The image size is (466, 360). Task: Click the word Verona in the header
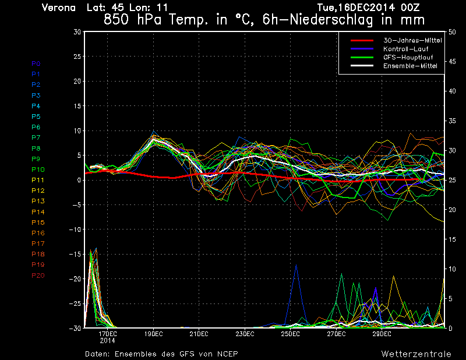(x=59, y=8)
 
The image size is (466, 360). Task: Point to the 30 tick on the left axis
(x=77, y=32)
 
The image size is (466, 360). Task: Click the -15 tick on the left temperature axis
(x=75, y=254)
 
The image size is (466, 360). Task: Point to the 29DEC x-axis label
(x=382, y=334)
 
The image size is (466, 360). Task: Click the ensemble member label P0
(x=36, y=63)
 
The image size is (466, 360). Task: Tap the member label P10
(x=37, y=170)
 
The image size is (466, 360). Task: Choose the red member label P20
(x=38, y=275)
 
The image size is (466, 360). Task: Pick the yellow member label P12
(x=37, y=190)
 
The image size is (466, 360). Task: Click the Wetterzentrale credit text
(x=416, y=354)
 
